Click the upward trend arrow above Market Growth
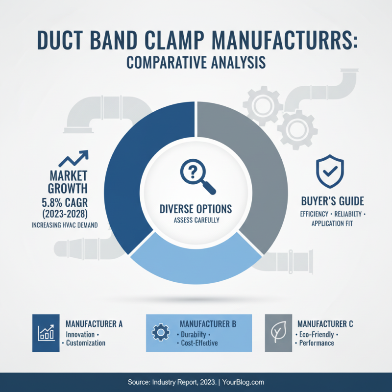tap(73, 159)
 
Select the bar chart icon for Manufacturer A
tap(45, 333)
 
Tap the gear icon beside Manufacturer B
tap(160, 333)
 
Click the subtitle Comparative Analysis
tap(196, 64)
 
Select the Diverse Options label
tap(196, 209)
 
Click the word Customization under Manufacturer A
tap(86, 343)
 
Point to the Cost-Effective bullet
tap(198, 343)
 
